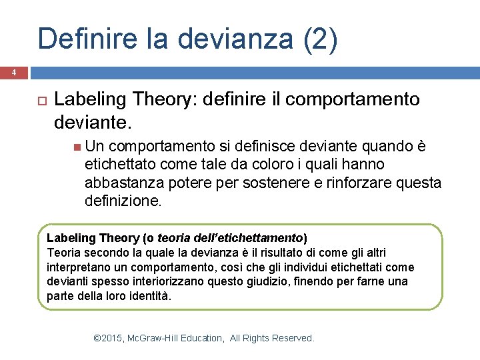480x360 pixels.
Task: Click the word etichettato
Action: click(x=121, y=164)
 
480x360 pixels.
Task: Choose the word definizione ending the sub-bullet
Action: click(x=123, y=200)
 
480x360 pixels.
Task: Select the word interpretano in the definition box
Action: click(x=77, y=267)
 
